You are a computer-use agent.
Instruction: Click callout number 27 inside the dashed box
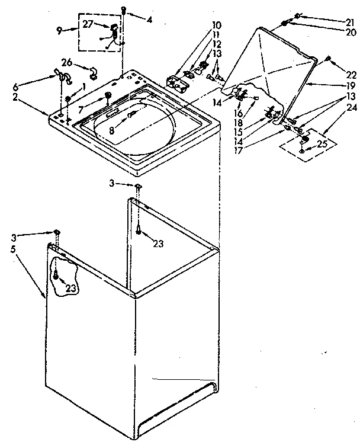[88, 24]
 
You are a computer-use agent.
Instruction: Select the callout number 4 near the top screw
[149, 20]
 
